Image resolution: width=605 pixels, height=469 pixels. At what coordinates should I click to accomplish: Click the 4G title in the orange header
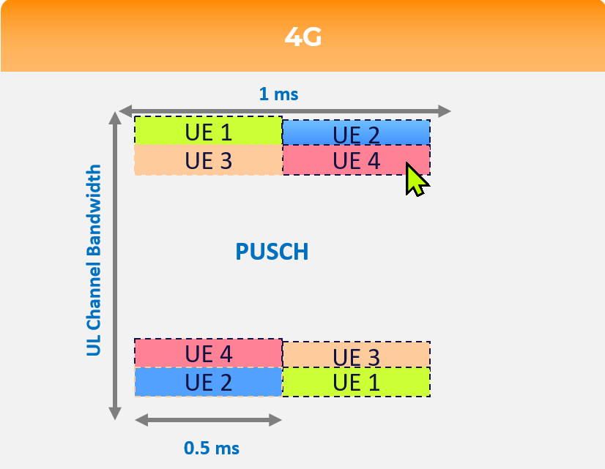[303, 37]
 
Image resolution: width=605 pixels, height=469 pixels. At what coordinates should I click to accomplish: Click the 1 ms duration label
[278, 94]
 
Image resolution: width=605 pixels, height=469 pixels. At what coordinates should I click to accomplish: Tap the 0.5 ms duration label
[212, 448]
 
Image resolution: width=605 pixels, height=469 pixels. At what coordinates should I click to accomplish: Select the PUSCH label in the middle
[272, 252]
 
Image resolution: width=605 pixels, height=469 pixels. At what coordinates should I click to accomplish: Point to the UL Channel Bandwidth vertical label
[93, 260]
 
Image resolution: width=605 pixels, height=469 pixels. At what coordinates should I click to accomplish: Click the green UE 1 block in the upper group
[208, 131]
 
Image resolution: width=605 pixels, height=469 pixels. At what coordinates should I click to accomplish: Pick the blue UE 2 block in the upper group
[357, 132]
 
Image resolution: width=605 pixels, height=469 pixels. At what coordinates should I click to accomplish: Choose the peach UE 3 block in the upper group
[208, 160]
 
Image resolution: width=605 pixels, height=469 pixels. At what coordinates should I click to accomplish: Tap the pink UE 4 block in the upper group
[357, 160]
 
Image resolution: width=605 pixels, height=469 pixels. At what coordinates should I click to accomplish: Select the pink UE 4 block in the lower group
[208, 353]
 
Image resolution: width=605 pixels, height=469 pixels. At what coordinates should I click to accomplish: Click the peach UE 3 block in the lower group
[357, 355]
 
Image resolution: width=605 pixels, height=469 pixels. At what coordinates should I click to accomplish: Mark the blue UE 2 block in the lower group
[208, 382]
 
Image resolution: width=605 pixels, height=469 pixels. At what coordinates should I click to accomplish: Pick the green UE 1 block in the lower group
[357, 382]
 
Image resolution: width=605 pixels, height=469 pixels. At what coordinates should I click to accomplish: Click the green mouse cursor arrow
[415, 179]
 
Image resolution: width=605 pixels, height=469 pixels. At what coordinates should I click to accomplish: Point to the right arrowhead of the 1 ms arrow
[445, 111]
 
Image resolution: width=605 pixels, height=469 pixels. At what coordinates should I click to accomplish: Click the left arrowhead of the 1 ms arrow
[126, 111]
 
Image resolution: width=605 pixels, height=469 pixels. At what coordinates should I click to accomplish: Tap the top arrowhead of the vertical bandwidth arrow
[115, 119]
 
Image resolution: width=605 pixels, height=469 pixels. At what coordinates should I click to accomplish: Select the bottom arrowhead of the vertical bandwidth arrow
[115, 413]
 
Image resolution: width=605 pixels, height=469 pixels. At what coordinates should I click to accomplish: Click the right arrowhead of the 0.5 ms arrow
[275, 420]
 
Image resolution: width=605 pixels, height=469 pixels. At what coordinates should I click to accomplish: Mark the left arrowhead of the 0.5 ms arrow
[141, 420]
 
